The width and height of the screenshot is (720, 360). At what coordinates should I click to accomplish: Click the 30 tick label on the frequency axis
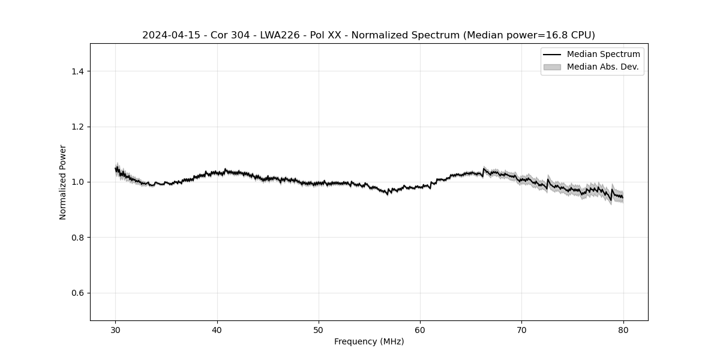click(x=116, y=330)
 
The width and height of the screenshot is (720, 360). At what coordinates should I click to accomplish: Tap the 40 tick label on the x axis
click(x=217, y=330)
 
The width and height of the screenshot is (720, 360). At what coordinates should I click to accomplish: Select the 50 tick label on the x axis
click(x=319, y=330)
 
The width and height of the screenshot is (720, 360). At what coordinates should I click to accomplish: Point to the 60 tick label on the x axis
click(x=420, y=330)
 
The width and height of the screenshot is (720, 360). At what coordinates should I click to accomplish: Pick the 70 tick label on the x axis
click(x=521, y=330)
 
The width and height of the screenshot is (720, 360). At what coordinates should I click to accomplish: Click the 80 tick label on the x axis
click(x=623, y=330)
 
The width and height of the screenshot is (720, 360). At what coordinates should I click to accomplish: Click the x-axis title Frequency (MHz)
click(x=369, y=341)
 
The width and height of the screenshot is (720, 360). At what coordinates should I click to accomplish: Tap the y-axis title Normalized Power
click(x=63, y=182)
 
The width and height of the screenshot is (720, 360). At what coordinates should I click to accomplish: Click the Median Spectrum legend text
click(x=603, y=55)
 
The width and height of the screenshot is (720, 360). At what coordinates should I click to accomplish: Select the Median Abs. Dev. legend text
click(x=602, y=67)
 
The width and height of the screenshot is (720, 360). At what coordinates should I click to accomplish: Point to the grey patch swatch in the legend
click(x=552, y=67)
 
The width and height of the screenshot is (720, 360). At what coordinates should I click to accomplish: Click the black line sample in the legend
click(x=552, y=55)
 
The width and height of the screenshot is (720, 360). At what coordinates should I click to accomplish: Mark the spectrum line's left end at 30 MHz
click(x=116, y=169)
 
